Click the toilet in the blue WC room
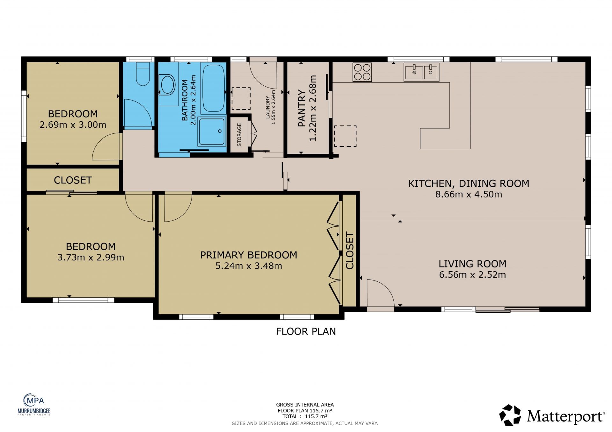point(143,74)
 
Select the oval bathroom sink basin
point(168,85)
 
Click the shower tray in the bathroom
point(212,131)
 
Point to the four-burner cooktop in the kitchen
point(362,72)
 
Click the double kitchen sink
point(421,72)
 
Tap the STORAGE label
point(239,135)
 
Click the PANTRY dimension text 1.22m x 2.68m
point(313,108)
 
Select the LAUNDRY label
point(268,107)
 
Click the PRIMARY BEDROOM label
point(249,255)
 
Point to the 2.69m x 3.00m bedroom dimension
point(73,125)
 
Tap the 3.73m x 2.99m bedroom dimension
point(91,257)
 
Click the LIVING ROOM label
point(472,264)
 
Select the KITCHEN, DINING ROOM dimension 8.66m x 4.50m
point(469,194)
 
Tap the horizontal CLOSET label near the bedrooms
point(73,180)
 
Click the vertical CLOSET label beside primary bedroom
point(350,251)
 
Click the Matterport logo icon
point(510,415)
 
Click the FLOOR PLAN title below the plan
point(306,331)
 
